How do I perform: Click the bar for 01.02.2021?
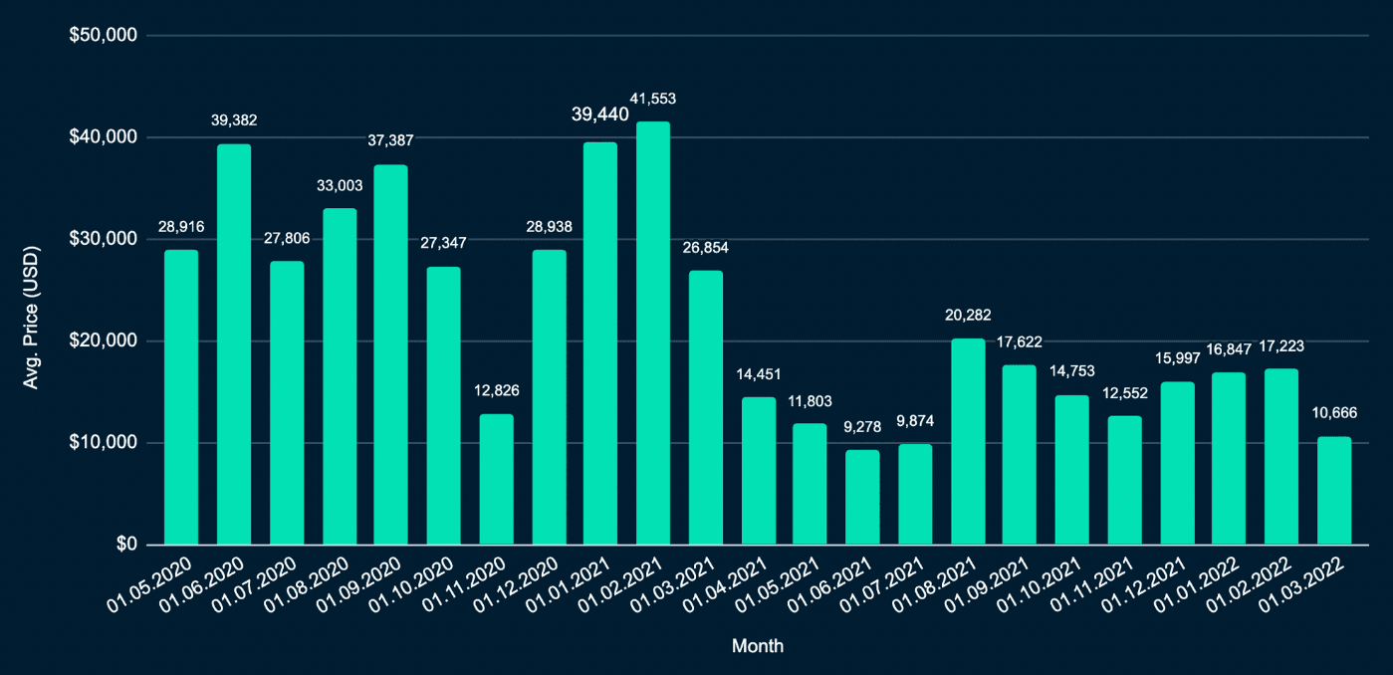tap(653, 334)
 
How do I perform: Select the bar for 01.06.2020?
tap(234, 344)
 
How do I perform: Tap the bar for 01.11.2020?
tap(496, 479)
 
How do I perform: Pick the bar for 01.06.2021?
tap(862, 497)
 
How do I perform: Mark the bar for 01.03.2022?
tap(1334, 490)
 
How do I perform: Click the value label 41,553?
tap(653, 98)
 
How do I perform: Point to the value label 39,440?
tap(599, 114)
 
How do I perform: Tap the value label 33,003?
tap(339, 185)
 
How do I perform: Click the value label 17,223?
tap(1281, 346)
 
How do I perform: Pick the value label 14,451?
tap(759, 374)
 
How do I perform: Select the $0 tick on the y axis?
tap(124, 545)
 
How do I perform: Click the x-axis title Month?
tap(757, 646)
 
